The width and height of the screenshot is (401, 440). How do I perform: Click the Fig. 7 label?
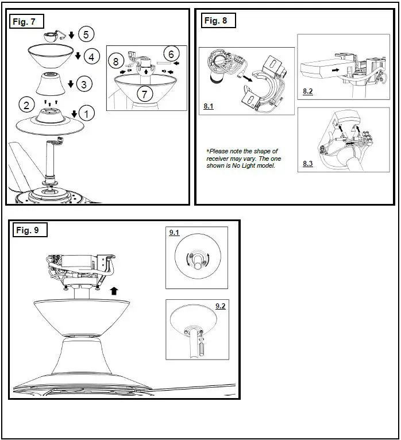tap(25, 22)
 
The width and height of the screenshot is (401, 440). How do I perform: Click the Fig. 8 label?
tap(216, 21)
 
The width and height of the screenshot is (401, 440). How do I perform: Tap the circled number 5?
tap(86, 34)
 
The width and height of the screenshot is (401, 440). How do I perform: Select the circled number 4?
tap(91, 57)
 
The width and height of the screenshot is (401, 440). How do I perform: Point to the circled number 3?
tap(84, 84)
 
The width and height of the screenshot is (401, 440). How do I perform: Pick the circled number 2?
tap(26, 105)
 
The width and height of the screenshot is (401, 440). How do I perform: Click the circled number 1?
tap(86, 114)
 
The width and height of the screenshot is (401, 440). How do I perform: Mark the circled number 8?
tap(116, 61)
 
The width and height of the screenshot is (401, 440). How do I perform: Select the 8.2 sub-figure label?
tap(308, 91)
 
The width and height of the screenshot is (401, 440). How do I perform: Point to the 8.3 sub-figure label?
tap(308, 164)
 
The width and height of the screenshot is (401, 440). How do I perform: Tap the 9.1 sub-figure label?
tap(174, 233)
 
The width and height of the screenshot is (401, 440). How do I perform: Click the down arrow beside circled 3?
tap(71, 84)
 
